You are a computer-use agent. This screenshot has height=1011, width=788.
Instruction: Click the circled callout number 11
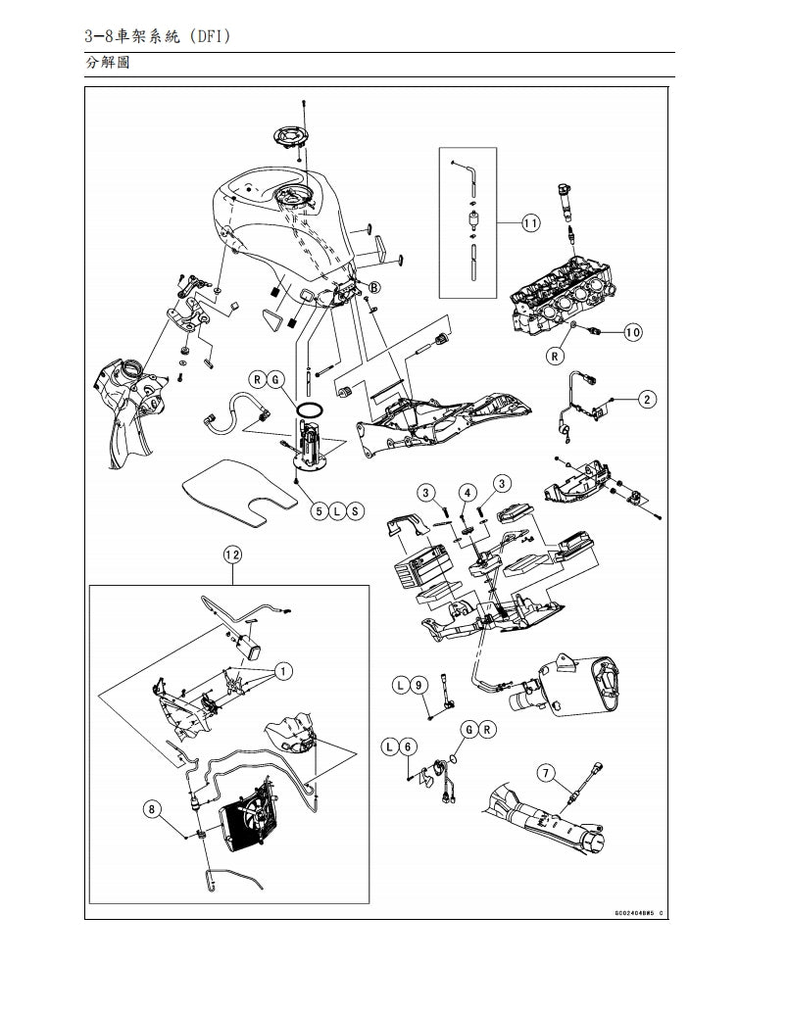click(529, 223)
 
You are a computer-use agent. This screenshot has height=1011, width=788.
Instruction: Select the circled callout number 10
click(632, 333)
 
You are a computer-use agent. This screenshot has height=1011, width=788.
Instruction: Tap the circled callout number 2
click(648, 399)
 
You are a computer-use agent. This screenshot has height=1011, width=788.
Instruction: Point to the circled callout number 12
click(232, 554)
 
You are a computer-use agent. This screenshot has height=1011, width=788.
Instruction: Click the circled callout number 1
click(282, 671)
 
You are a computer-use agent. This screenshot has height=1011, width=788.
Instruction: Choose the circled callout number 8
click(152, 809)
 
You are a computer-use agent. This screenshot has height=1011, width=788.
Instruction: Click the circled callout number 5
click(319, 510)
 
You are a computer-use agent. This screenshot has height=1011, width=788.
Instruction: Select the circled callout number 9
click(419, 686)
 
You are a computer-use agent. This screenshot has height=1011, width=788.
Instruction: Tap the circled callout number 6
click(410, 746)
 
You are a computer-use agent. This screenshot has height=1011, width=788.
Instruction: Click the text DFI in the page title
click(213, 37)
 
